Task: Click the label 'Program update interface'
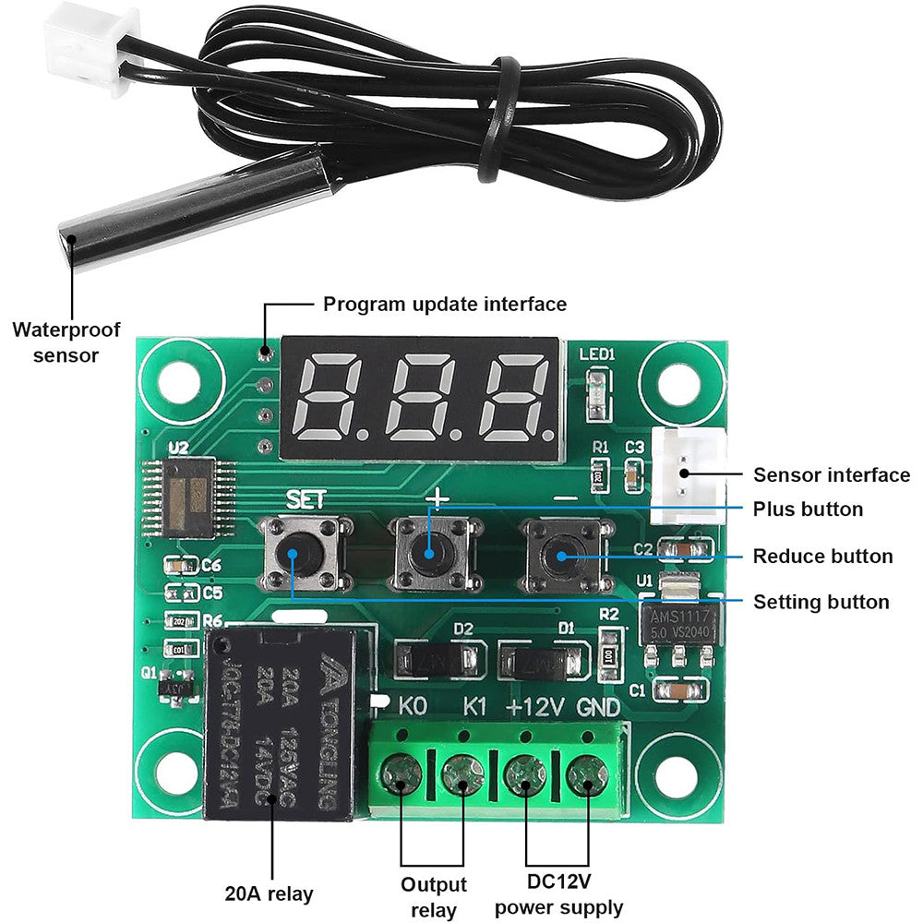(x=445, y=304)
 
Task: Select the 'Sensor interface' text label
(x=831, y=475)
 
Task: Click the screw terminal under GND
(x=585, y=773)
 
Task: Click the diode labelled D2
(x=438, y=659)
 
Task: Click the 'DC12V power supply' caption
(x=559, y=895)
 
